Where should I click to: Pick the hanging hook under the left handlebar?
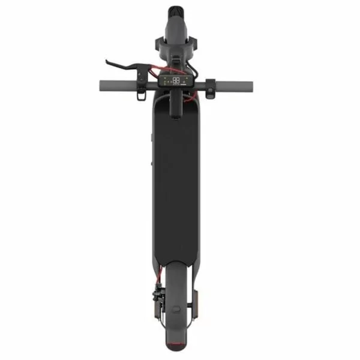pyautogui.click(x=139, y=95)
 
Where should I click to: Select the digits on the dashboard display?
pyautogui.click(x=176, y=79)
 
